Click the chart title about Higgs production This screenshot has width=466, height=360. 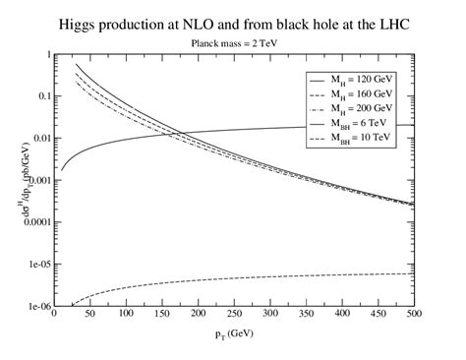click(233, 22)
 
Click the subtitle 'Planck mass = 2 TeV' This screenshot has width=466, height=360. click(233, 43)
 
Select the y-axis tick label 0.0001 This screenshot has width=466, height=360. click(29, 222)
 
